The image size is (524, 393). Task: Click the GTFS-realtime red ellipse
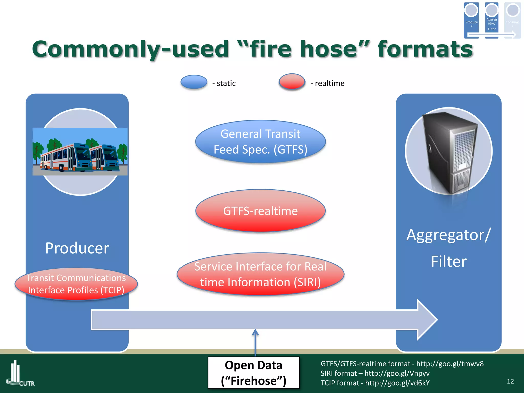click(x=260, y=211)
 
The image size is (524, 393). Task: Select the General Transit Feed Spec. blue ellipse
click(x=260, y=141)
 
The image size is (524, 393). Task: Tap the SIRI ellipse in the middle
click(x=260, y=274)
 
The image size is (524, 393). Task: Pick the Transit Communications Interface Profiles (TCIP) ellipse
click(x=76, y=284)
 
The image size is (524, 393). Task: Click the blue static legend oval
click(x=194, y=82)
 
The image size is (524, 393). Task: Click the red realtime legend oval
click(x=292, y=81)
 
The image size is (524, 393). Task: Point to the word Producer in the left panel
click(x=77, y=248)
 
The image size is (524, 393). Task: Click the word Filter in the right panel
click(x=449, y=261)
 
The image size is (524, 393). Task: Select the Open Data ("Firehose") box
click(x=253, y=373)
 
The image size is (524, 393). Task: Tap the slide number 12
click(x=510, y=381)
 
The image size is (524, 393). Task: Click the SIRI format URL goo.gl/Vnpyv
click(x=397, y=373)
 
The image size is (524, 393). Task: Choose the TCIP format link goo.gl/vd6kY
click(x=397, y=383)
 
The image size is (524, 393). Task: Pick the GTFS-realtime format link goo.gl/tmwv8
click(x=450, y=364)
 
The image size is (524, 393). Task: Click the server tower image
click(x=449, y=152)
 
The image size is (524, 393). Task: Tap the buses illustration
click(x=80, y=152)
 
